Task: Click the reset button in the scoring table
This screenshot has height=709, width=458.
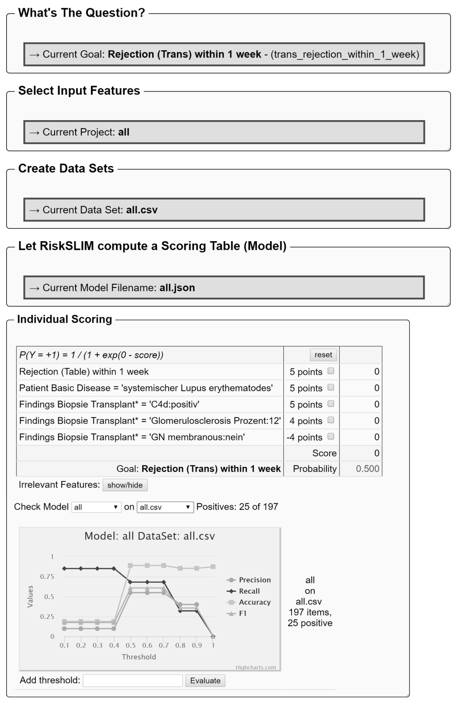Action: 323,354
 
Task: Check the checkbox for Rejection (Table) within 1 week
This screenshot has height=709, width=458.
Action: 331,371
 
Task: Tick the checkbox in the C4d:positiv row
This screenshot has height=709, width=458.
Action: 331,404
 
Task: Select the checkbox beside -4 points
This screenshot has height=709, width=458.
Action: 331,436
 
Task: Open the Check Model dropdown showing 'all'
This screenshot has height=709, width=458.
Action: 96,507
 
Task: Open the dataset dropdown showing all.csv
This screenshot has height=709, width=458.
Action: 165,507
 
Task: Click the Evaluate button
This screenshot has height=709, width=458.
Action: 205,680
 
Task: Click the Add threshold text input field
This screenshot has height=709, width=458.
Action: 133,680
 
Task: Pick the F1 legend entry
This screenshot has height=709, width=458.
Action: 243,613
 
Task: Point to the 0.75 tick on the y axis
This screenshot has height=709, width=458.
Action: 47,576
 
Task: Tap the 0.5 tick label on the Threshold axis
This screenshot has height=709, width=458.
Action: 131,645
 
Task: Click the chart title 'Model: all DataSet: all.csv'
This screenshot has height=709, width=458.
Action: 149,536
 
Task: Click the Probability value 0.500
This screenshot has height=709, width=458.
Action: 367,469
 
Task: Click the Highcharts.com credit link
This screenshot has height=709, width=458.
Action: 256,667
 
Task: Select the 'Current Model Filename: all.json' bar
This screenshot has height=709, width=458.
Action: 224,288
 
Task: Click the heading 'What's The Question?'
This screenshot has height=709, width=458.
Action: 81,13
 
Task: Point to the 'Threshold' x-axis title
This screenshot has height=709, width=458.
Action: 139,657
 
